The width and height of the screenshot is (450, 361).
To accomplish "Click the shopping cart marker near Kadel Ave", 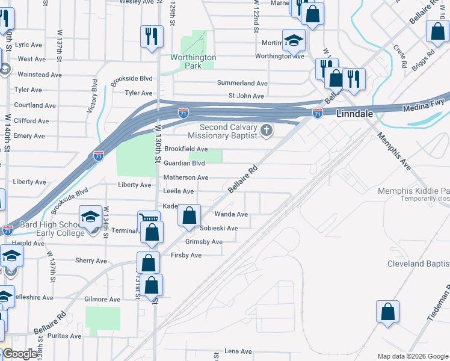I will coord(149,220).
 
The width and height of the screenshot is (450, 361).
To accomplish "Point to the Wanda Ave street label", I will coord(231,214).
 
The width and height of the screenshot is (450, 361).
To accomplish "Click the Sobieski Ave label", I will coord(219,229).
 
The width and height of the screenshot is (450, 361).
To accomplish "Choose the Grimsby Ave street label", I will coord(204,242).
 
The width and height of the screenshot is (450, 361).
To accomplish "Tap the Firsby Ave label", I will coord(186,255).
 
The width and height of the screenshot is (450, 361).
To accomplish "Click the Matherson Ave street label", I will coord(186,177).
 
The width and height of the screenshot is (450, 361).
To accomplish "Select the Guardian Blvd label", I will coord(185,163).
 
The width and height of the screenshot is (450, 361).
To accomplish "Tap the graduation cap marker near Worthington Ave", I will coord(294,40).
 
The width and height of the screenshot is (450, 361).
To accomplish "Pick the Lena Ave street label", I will coord(238,351).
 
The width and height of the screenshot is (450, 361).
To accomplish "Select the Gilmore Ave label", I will coord(102,299).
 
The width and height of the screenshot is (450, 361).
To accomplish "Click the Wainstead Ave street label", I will coord(40,75).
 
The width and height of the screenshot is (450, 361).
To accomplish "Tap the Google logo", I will coord(20,354).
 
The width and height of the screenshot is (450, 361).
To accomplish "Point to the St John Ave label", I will coord(246,96).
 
